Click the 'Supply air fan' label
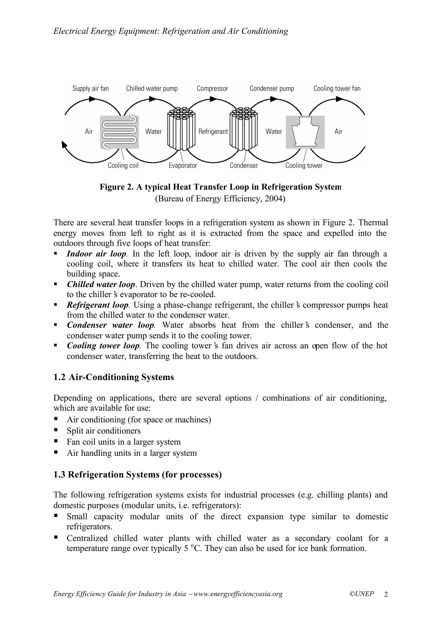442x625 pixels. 90,89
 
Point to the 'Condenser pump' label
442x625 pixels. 272,89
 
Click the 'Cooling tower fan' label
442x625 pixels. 337,89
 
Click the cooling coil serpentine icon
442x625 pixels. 119,132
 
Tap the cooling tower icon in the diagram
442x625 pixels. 305,132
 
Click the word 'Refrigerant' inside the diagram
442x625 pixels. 213,132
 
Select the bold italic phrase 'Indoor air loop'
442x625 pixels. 97,254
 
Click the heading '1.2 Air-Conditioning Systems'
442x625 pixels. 114,377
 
